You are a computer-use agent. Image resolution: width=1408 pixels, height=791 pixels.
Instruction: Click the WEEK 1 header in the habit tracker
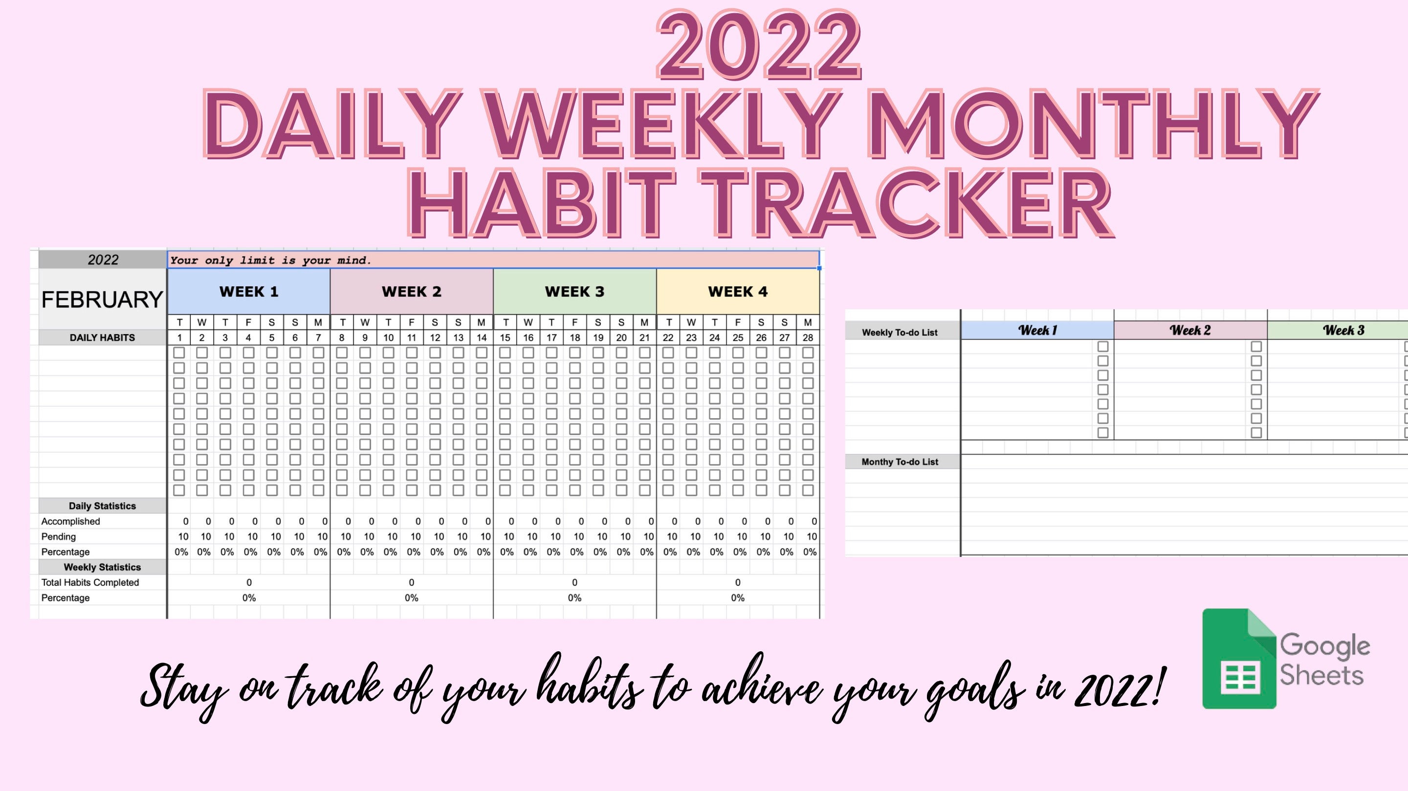(x=249, y=292)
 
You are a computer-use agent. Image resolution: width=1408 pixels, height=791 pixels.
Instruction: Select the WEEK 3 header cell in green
(x=574, y=292)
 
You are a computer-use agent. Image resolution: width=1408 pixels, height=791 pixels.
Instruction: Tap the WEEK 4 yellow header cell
(x=738, y=292)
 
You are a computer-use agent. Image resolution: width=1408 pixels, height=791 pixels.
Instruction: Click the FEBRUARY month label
(x=102, y=299)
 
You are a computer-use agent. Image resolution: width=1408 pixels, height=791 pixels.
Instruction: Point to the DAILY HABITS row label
(x=102, y=338)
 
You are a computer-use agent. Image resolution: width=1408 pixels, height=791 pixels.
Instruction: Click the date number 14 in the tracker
(x=482, y=338)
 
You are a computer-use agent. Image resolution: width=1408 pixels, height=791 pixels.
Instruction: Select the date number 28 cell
(x=808, y=338)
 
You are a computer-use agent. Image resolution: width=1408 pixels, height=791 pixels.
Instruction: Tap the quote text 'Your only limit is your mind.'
(x=270, y=260)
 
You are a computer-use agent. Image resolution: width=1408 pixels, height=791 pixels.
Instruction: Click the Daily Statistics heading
(x=102, y=506)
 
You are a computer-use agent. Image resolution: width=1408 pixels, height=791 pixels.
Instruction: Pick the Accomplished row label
(x=70, y=521)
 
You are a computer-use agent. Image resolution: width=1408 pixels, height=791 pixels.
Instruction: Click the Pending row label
(x=59, y=536)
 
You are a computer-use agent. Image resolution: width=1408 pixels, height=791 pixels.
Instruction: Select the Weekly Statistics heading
(x=102, y=567)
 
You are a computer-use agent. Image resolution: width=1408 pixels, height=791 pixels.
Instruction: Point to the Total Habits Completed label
(x=90, y=582)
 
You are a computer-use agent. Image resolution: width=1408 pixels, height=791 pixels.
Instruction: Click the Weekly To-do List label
(x=900, y=332)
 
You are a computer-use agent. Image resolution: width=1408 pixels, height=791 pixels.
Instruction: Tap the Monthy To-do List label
(x=900, y=462)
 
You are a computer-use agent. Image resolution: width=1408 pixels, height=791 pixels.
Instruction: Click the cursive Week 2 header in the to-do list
(x=1190, y=330)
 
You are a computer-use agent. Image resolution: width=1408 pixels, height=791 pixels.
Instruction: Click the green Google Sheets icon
(x=1238, y=659)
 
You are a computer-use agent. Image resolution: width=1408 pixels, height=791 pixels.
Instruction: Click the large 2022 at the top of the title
(x=758, y=46)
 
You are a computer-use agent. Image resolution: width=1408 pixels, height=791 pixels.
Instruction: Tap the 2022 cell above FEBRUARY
(x=103, y=260)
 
